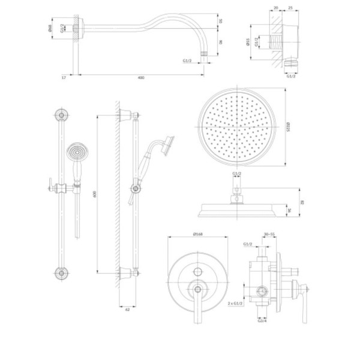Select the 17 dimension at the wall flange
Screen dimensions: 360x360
[64, 77]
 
